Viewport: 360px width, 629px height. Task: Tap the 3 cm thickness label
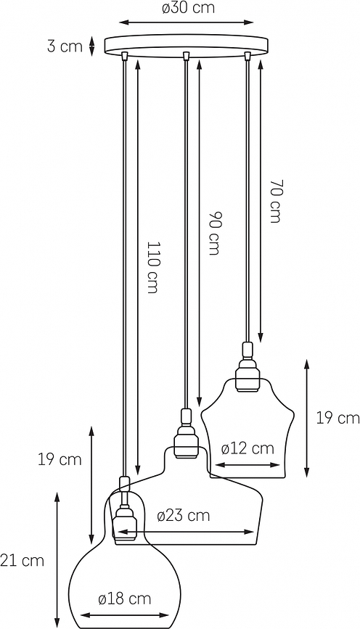pyautogui.click(x=65, y=46)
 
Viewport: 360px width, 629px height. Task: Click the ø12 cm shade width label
pyautogui.click(x=247, y=448)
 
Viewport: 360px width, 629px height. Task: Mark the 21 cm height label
pyautogui.click(x=22, y=560)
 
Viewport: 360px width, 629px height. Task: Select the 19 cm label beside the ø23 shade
pyautogui.click(x=60, y=459)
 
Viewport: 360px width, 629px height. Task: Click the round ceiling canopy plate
pyautogui.click(x=187, y=46)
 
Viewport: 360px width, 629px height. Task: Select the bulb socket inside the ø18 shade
pyautogui.click(x=124, y=522)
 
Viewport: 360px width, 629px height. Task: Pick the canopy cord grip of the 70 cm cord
pyautogui.click(x=248, y=57)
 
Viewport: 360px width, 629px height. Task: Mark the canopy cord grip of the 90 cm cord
pyautogui.click(x=187, y=57)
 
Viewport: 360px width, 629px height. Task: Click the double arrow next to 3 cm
pyautogui.click(x=91, y=46)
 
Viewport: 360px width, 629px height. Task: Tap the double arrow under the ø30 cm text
pyautogui.click(x=187, y=22)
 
